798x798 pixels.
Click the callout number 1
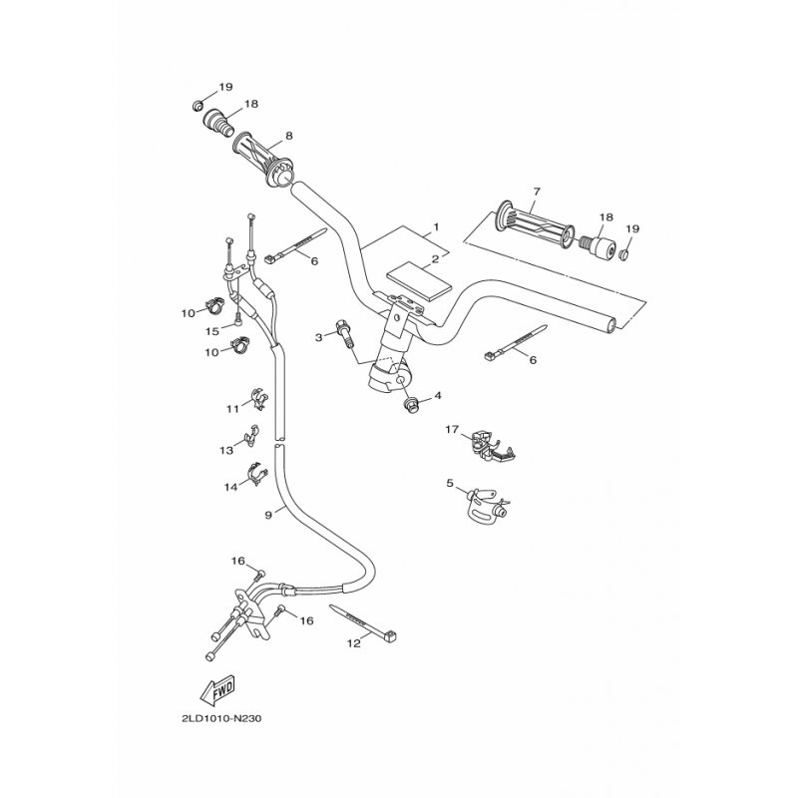(x=436, y=229)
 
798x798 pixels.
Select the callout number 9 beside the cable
(x=268, y=515)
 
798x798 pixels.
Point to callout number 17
(x=451, y=430)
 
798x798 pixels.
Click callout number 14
(x=230, y=487)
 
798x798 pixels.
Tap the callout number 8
(x=288, y=136)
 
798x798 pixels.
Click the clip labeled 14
(x=257, y=477)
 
